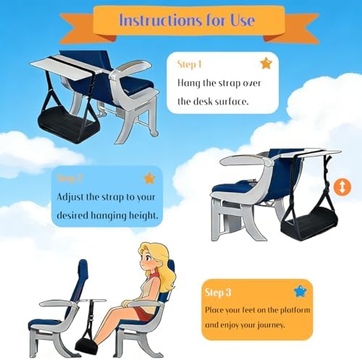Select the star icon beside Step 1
pos(266,64)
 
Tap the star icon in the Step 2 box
pos(149,178)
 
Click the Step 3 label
pos(217,293)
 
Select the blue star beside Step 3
pos(299,292)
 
